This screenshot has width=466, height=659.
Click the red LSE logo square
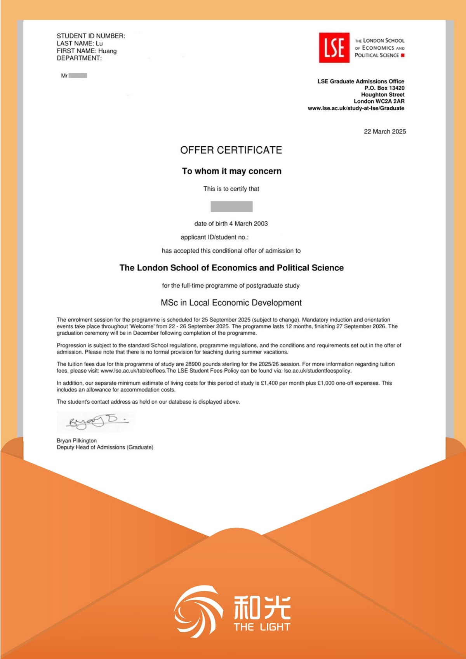334,48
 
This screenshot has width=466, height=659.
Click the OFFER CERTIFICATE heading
231,150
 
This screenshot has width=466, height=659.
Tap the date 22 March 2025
384,132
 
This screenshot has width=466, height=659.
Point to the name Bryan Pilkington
77,440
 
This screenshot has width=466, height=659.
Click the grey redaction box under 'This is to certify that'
231,206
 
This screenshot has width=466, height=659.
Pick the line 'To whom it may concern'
231,171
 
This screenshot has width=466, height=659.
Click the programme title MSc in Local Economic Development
231,303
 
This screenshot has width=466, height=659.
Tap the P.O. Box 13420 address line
384,88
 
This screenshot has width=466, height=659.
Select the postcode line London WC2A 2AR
379,101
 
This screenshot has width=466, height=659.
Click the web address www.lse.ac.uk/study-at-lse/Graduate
356,108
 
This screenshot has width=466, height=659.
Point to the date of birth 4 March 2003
231,224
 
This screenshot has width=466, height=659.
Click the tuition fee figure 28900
193,364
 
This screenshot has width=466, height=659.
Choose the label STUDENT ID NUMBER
91,36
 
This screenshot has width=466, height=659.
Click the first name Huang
107,51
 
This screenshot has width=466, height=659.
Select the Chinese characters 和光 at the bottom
262,608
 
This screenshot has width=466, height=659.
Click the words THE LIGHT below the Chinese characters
262,627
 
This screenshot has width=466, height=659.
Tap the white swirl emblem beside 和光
198,611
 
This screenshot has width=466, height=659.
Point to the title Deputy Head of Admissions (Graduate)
105,447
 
